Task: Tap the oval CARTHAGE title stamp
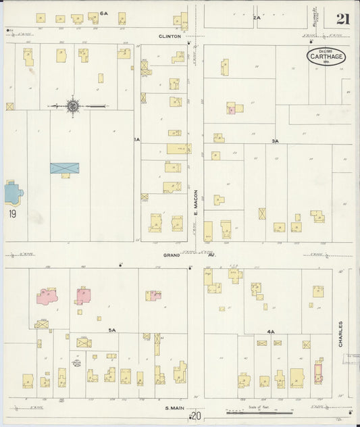point(327,57)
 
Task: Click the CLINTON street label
point(170,36)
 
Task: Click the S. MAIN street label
point(174,407)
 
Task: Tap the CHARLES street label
point(340,334)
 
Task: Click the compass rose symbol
point(72,106)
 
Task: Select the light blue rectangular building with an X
point(64,168)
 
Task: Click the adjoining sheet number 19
point(13,214)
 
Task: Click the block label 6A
point(104,13)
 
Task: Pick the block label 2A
point(257,17)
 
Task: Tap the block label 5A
point(113,330)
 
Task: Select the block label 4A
point(270,332)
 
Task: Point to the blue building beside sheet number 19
point(13,193)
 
